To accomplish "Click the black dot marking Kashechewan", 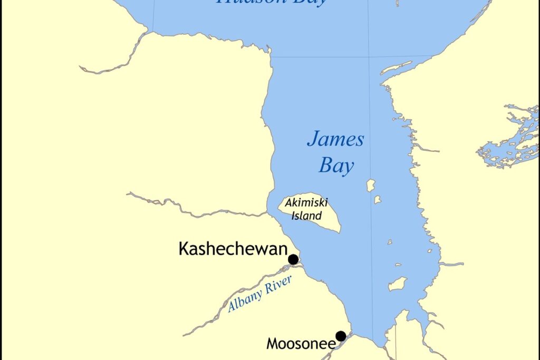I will coord(293,259).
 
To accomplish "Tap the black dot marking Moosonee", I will coord(341,336).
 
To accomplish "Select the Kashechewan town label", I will coord(233,248).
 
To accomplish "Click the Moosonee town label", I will coord(301,344).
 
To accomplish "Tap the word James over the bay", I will coord(335,140).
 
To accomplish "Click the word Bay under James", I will coord(336,167).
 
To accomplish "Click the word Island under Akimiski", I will coord(306,215).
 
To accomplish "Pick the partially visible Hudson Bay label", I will coord(271,2).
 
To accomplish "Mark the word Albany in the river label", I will coord(244,303).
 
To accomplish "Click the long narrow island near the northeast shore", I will coord(396,68).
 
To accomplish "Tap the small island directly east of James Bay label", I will coord(371,186).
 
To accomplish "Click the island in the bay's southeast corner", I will coord(398,284).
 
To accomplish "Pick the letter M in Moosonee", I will coord(272,344).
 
